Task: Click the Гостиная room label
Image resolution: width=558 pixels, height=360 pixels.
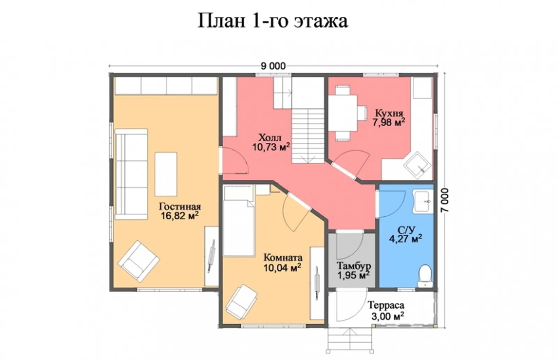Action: pos(180,206)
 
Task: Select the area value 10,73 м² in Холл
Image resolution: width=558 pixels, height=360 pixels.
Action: pos(271,147)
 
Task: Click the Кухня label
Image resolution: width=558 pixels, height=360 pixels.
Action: pos(389,113)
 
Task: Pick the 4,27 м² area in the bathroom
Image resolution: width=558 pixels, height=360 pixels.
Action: pos(406,239)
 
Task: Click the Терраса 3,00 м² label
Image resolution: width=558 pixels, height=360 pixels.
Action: pos(386,310)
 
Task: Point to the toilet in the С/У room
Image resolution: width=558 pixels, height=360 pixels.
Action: pos(425,276)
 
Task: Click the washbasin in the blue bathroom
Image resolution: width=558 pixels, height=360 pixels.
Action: pos(422,201)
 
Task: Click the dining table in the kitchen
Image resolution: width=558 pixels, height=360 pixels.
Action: pos(343,113)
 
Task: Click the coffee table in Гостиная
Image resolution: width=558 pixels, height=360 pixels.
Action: pos(166,174)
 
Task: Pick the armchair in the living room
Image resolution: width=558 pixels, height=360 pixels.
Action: pos(138,261)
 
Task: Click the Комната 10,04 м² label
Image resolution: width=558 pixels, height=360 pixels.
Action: pos(282,263)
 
